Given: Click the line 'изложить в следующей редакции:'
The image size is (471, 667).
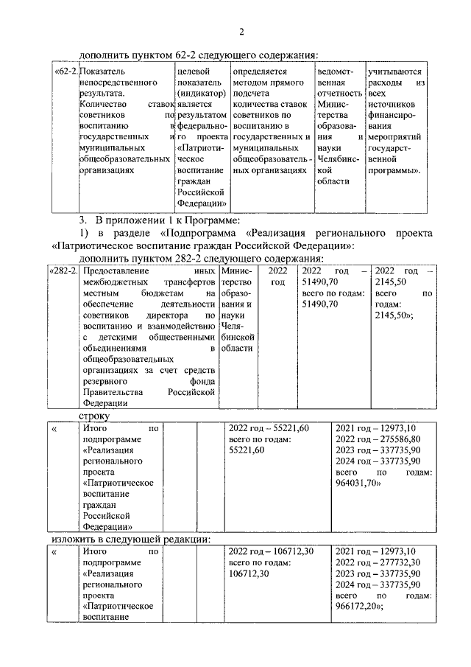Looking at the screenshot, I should pyautogui.click(x=131, y=538).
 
